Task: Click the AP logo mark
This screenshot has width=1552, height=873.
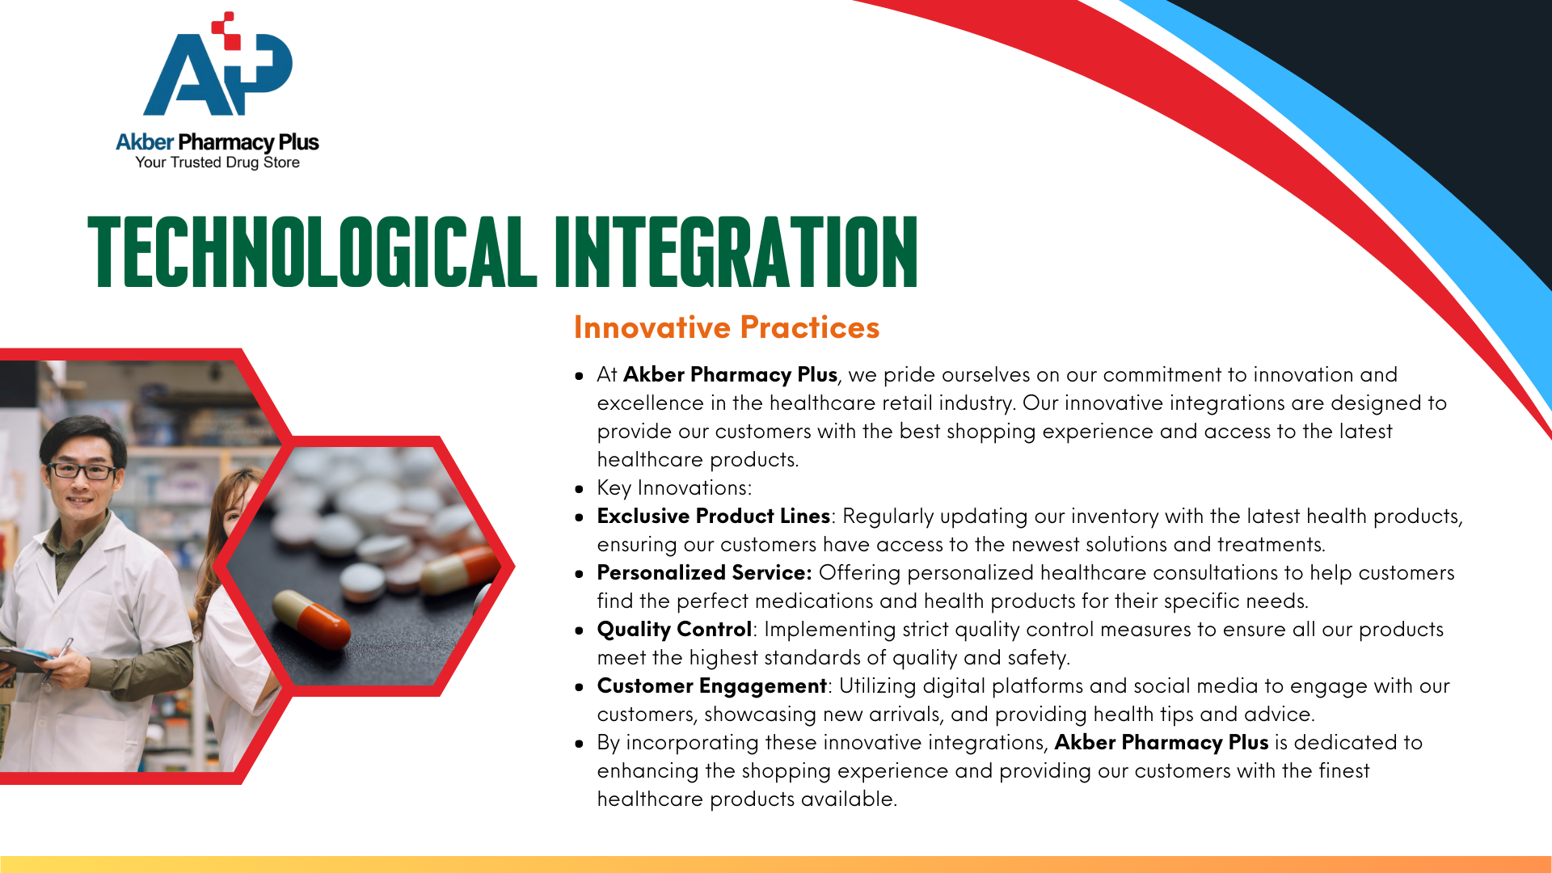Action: click(217, 65)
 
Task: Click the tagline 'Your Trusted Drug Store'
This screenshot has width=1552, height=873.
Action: click(217, 162)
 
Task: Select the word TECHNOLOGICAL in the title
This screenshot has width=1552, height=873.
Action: click(312, 251)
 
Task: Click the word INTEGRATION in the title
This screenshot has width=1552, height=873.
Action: click(736, 251)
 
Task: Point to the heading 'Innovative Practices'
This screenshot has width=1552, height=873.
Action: click(727, 327)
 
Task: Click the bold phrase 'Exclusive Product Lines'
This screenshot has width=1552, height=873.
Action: click(714, 516)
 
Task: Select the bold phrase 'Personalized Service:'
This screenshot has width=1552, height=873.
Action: click(704, 572)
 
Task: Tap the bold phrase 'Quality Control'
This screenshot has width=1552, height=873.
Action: click(674, 629)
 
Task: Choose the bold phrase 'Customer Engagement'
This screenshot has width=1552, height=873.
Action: click(712, 685)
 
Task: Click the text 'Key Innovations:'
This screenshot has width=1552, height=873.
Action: click(674, 488)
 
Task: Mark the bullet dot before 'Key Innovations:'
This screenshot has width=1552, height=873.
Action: click(579, 489)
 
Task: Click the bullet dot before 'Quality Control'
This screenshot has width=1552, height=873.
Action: click(579, 630)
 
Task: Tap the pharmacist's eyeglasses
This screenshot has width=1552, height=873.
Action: click(83, 470)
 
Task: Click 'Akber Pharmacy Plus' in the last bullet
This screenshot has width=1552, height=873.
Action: click(1162, 742)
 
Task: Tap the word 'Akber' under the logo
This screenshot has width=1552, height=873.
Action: click(145, 142)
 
